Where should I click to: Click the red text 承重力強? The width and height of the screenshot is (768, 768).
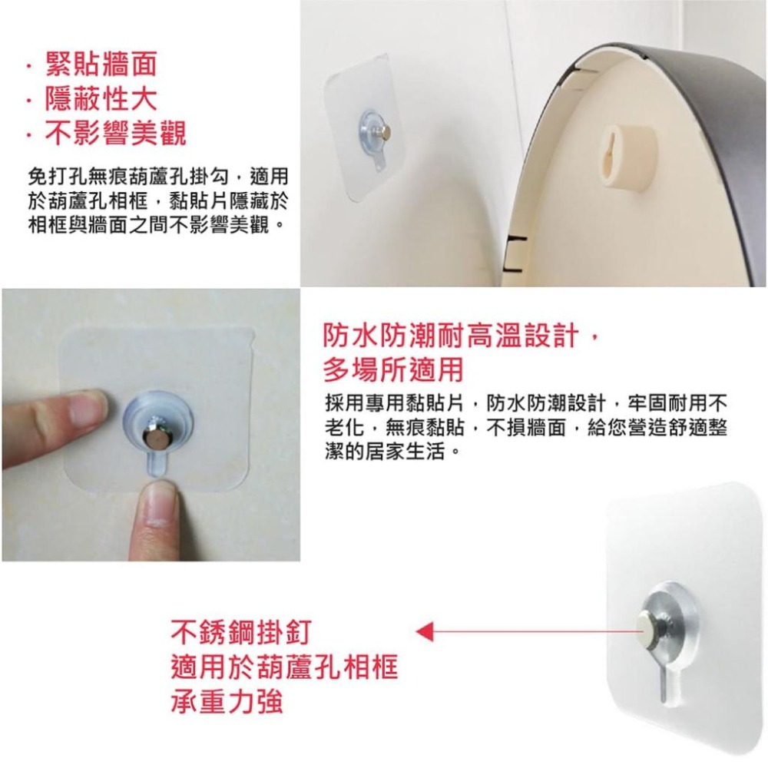227,703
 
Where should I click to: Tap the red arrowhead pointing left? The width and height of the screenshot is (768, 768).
425,633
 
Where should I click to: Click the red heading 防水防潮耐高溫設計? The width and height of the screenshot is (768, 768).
461,336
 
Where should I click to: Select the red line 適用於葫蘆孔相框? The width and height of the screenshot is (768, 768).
284,669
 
